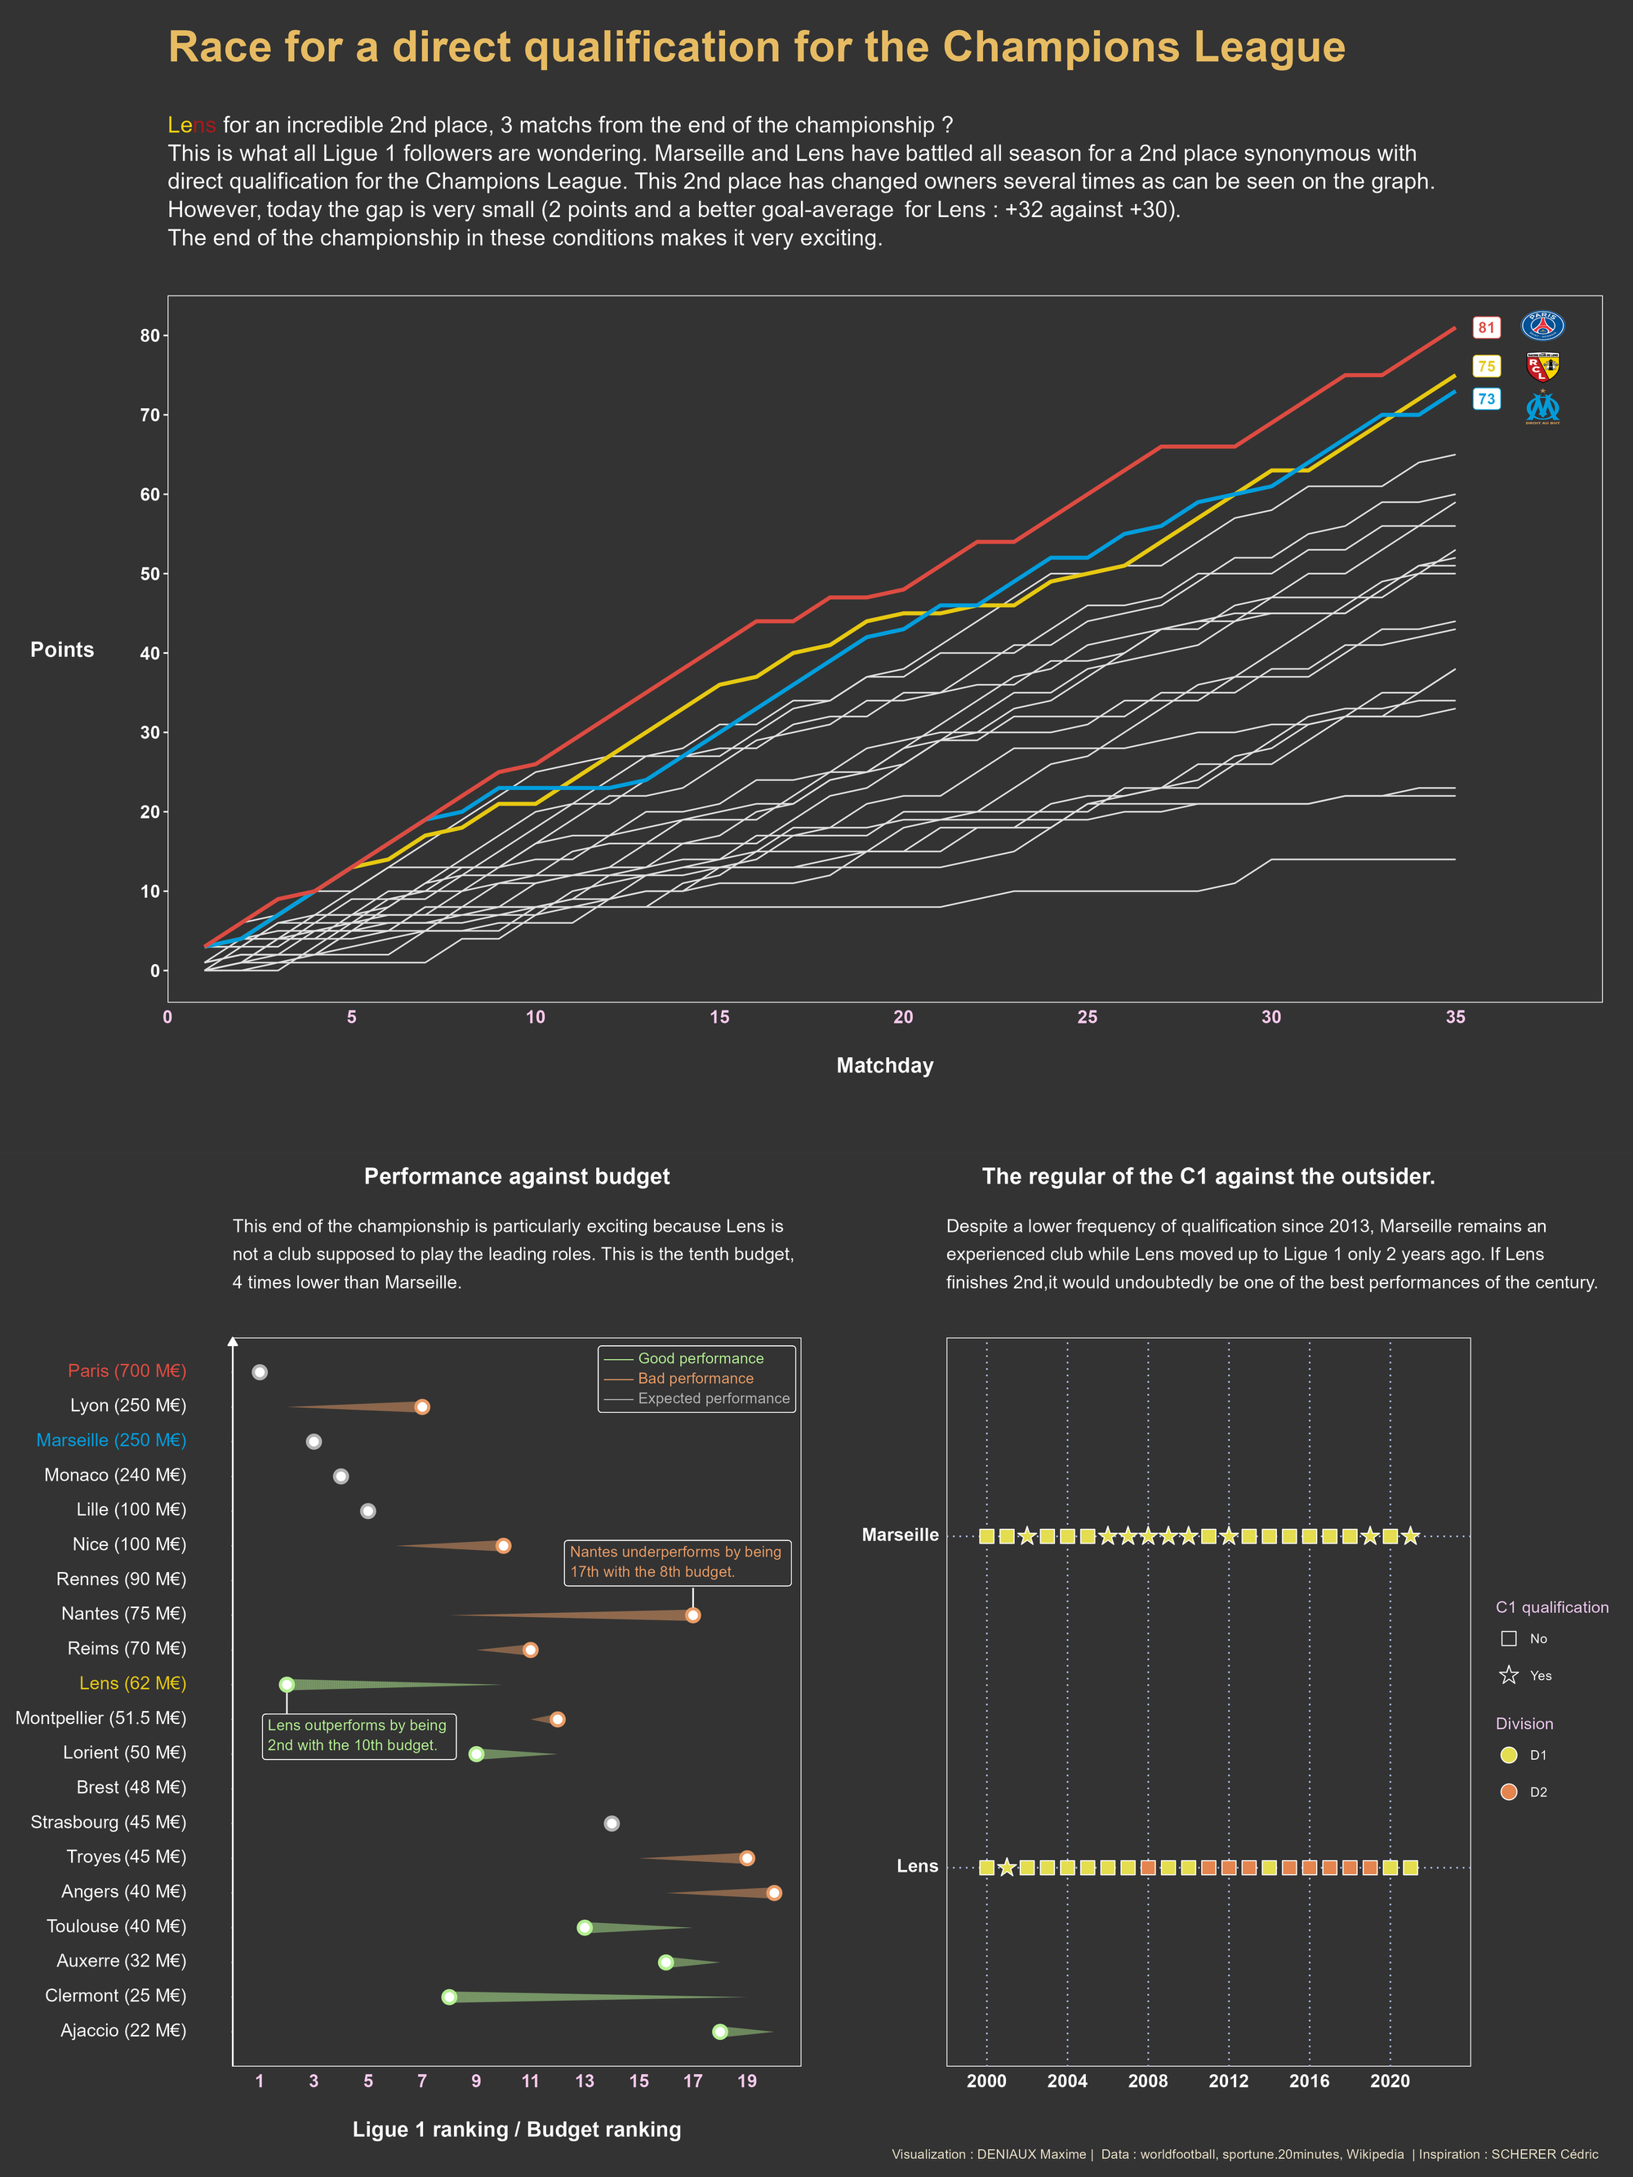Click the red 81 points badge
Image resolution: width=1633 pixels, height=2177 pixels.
coord(1485,327)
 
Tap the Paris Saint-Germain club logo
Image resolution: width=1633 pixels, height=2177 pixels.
coord(1542,326)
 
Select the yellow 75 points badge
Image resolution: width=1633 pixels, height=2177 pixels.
coord(1485,367)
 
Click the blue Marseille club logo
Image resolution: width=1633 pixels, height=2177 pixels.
coord(1542,407)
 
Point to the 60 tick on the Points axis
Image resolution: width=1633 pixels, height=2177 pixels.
coord(149,494)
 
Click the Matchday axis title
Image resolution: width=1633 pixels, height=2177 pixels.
coord(884,1065)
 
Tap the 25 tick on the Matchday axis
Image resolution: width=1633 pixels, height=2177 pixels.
coord(1087,1016)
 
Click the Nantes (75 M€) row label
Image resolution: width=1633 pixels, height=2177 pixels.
coord(123,1613)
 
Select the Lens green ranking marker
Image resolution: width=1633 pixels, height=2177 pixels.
coord(287,1684)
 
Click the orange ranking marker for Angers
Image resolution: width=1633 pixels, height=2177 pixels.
coord(774,1893)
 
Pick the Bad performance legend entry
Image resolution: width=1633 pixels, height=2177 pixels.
coord(695,1378)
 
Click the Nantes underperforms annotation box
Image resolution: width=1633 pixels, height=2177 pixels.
coord(676,1561)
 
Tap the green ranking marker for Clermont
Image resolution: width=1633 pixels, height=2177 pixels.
coord(449,1997)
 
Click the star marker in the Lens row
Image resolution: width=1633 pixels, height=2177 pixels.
coord(1006,1867)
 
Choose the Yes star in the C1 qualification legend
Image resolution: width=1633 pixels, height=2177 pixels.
coord(1509,1675)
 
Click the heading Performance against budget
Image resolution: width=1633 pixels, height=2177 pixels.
coord(516,1176)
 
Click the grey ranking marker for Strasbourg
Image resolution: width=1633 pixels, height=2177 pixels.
coord(612,1823)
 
